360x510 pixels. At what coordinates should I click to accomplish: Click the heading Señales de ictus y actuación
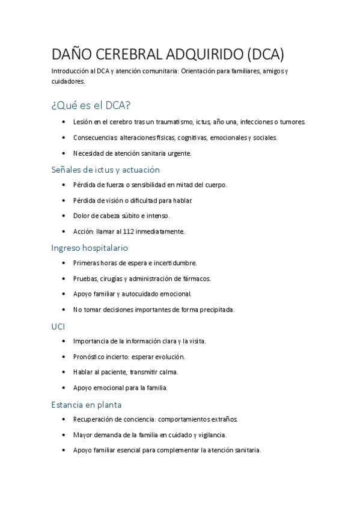pyautogui.click(x=105, y=170)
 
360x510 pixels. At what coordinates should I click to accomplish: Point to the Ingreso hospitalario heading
pyautogui.click(x=90, y=247)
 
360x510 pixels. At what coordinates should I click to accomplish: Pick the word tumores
pyautogui.click(x=291, y=121)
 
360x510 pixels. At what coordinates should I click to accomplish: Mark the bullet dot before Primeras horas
pyautogui.click(x=64, y=263)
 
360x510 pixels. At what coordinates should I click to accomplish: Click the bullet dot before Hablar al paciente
pyautogui.click(x=64, y=372)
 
